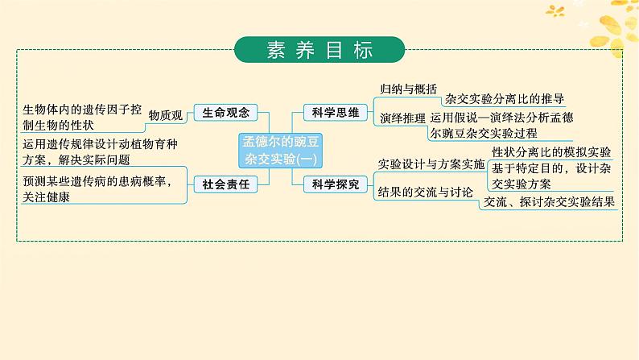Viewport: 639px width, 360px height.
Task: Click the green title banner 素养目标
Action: click(319, 49)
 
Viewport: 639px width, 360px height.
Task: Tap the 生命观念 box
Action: click(220, 114)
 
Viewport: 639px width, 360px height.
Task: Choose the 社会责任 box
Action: click(221, 184)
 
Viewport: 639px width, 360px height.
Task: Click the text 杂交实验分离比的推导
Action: click(504, 100)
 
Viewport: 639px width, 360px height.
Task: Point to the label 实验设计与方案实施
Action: click(431, 164)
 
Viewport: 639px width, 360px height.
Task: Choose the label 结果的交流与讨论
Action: click(426, 192)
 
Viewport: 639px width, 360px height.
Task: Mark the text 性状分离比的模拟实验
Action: click(551, 152)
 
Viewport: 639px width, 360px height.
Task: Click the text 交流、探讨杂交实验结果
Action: click(548, 202)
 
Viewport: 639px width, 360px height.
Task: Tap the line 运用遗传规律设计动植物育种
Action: click(100, 143)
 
